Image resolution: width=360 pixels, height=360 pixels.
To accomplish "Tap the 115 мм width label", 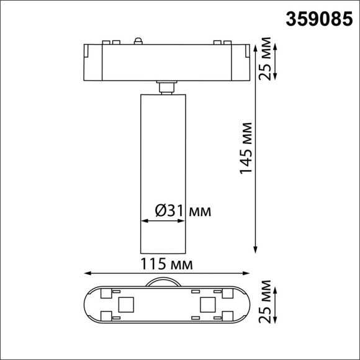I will coord(166,264).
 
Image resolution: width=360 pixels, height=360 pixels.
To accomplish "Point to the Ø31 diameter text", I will coord(168,211).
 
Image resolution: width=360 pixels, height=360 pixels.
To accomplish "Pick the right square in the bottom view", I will coord(207,304).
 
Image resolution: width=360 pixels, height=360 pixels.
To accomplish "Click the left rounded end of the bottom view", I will coord(88,304).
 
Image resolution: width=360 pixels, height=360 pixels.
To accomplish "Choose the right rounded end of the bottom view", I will coord(245,304).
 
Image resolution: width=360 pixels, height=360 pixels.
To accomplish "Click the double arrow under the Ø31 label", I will coord(164,221).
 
